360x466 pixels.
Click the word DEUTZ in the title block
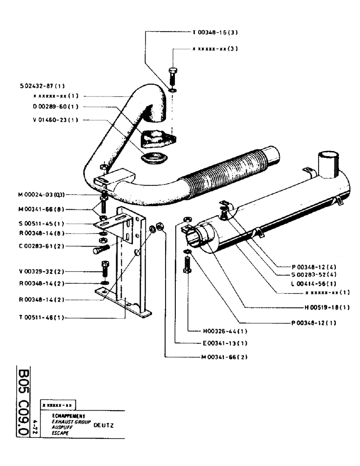(x=104, y=425)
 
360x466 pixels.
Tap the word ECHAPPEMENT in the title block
(x=65, y=416)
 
